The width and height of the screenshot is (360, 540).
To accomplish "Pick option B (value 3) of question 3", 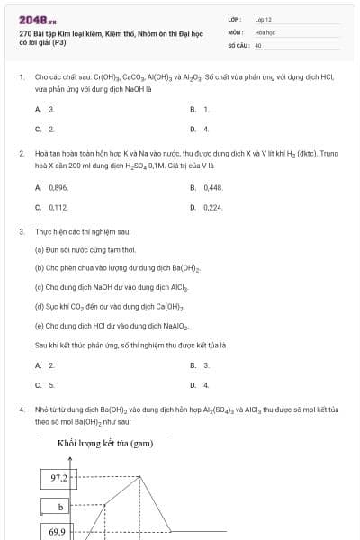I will click(205, 365).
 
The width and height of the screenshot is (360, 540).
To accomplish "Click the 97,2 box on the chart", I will click(60, 478).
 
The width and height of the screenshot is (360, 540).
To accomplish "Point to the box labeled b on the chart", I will click(60, 507).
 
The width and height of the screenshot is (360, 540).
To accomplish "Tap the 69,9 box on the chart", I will click(57, 532).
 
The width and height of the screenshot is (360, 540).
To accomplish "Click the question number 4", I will click(21, 409).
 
